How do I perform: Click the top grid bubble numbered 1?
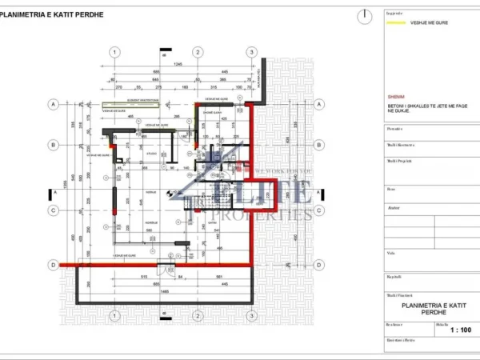coord(116,52)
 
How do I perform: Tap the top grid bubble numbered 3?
coord(251,52)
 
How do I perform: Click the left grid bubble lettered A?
coord(54,104)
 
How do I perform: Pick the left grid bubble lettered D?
coord(54,265)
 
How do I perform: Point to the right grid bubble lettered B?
coord(318,145)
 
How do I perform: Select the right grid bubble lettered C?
coord(318,210)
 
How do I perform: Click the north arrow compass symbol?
coord(364,14)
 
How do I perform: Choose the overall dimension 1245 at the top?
coord(178,63)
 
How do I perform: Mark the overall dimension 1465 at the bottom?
coord(164,291)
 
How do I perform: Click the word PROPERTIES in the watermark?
coord(265,214)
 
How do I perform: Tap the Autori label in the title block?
coord(394,206)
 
